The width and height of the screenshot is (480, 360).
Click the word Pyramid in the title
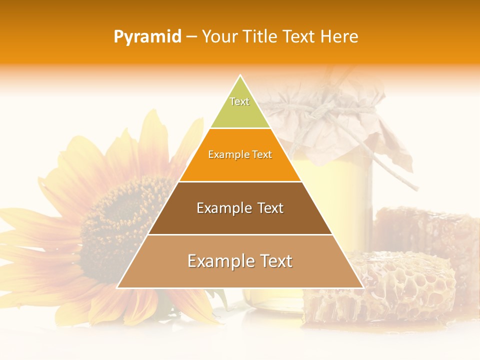point(147,37)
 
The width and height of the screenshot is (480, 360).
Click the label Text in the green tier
point(239,101)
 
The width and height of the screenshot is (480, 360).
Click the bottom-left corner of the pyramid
point(117,287)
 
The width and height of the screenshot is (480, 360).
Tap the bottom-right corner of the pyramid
point(363,287)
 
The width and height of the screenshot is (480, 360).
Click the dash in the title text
point(191,37)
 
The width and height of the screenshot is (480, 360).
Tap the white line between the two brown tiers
point(240,234)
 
